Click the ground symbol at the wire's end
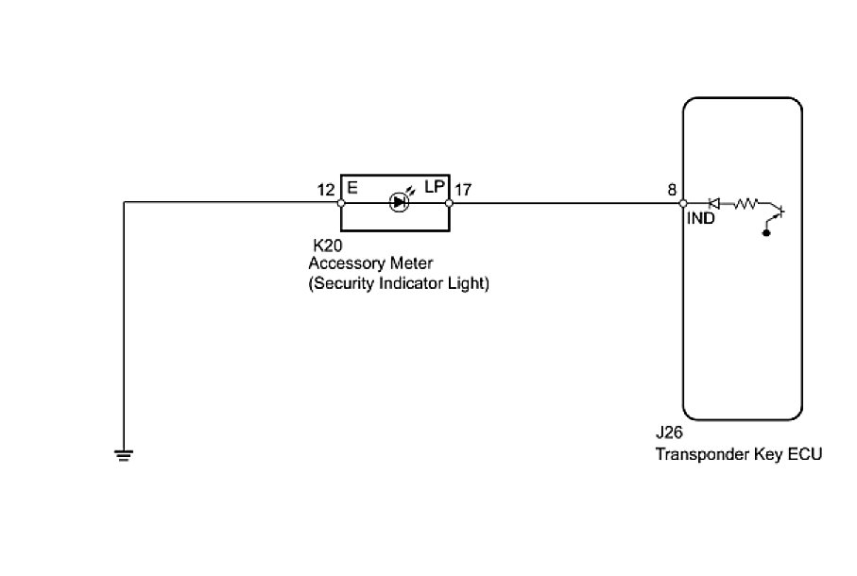click(124, 456)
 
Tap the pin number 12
click(326, 190)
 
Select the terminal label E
click(352, 189)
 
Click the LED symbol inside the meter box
click(398, 201)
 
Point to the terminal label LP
click(434, 189)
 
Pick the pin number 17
click(463, 190)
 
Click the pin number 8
click(672, 190)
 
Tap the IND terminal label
click(701, 218)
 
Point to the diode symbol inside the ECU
click(715, 202)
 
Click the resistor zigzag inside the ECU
click(746, 202)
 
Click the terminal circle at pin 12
click(341, 202)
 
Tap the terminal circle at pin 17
click(449, 202)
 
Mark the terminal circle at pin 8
click(683, 202)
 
